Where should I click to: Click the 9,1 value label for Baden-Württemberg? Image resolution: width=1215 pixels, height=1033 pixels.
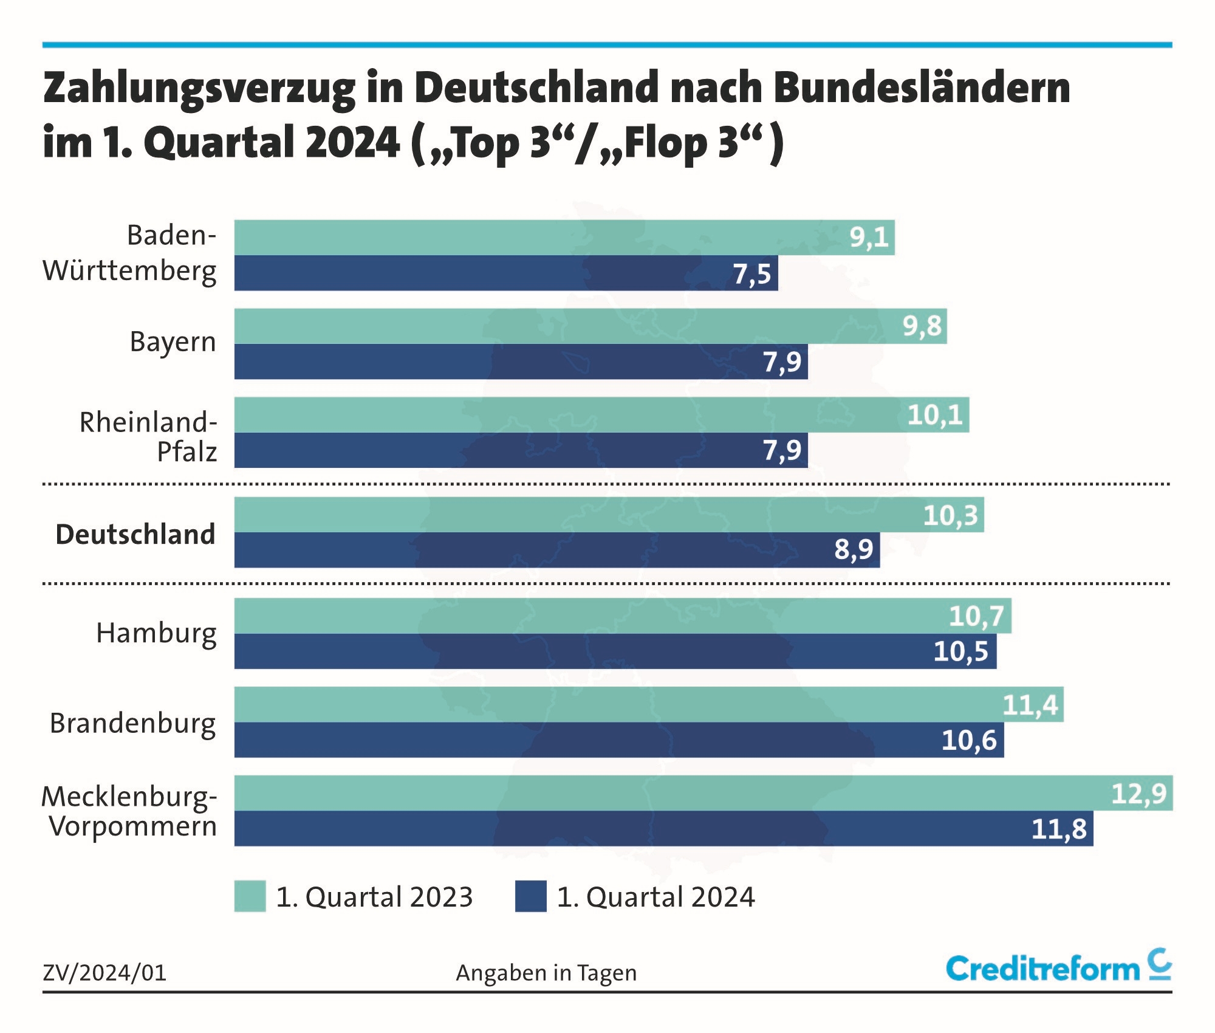(x=869, y=237)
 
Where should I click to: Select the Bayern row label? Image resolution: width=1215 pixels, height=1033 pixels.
(x=173, y=342)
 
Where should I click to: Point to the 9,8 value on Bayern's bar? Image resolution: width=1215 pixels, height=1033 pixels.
(x=922, y=326)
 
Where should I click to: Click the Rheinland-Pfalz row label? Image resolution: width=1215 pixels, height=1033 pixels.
(x=148, y=436)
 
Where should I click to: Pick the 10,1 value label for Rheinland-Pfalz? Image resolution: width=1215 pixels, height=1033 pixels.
(x=934, y=415)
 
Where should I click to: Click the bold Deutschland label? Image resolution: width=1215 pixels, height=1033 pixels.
(x=135, y=535)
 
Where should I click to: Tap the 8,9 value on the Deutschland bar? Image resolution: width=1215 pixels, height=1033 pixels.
(x=853, y=549)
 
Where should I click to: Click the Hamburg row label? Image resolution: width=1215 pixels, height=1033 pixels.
(x=156, y=634)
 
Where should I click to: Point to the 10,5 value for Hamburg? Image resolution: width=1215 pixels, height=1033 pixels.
(x=960, y=651)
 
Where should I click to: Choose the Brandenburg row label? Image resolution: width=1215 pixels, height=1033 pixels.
(x=132, y=723)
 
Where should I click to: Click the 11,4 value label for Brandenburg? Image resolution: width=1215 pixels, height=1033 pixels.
(x=1030, y=705)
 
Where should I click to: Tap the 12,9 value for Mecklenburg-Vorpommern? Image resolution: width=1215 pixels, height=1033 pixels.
(x=1138, y=794)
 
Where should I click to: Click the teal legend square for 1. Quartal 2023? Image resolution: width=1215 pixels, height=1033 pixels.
(x=250, y=896)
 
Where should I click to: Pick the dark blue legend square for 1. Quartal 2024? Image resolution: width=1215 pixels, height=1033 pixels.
(x=530, y=896)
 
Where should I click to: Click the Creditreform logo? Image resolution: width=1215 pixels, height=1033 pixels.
(x=1058, y=967)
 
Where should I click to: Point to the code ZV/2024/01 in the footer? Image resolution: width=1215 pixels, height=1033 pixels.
(x=104, y=973)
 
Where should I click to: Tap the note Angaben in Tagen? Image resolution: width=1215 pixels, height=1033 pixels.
(x=546, y=973)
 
